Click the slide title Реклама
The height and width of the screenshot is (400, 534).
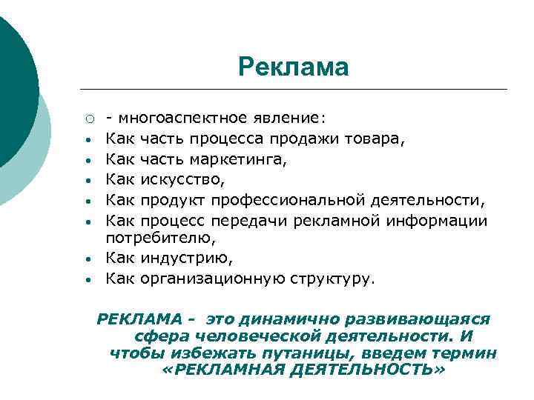tap(293, 67)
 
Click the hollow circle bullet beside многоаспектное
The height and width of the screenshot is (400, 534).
tap(88, 118)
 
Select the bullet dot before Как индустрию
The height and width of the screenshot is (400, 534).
tap(88, 259)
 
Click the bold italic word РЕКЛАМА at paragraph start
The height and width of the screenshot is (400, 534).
tap(139, 319)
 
